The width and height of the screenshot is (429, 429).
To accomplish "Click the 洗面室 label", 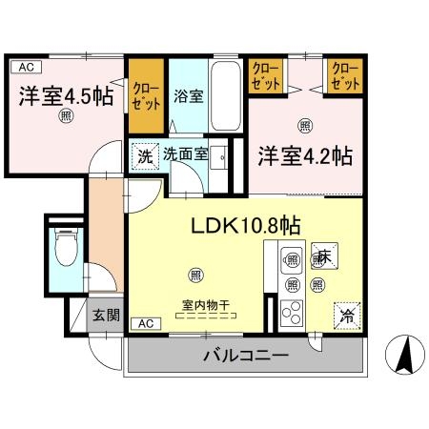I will pyautogui.click(x=183, y=153).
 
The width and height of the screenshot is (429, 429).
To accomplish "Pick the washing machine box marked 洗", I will pyautogui.click(x=143, y=153).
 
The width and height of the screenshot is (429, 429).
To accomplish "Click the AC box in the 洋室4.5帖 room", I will pyautogui.click(x=25, y=67).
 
